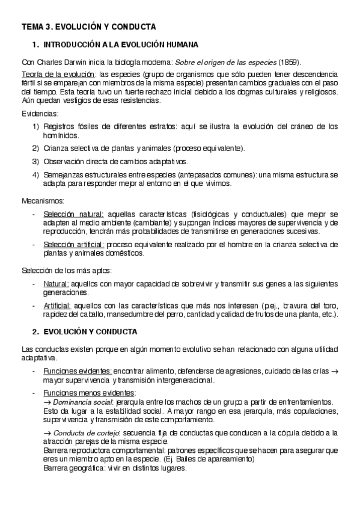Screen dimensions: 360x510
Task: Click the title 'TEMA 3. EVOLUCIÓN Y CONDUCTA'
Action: coord(89,27)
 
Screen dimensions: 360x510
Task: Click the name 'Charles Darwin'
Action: coord(61,63)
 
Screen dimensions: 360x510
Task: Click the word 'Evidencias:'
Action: coord(40,113)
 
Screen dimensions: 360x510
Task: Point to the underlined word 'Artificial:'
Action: coord(58,306)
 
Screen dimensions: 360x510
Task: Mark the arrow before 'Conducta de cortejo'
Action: coord(47,433)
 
